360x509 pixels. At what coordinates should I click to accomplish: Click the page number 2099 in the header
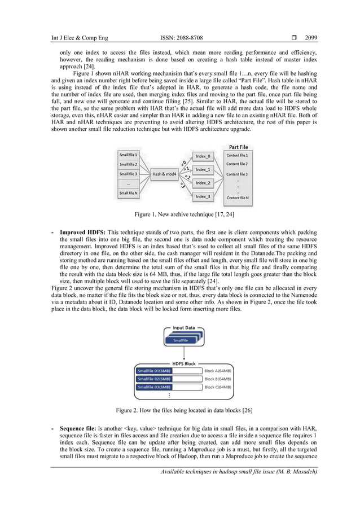coord(311,38)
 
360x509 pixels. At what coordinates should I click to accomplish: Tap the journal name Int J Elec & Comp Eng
coord(79,38)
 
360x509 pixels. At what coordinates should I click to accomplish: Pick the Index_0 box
coord(203,156)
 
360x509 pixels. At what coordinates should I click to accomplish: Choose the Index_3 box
coord(203,196)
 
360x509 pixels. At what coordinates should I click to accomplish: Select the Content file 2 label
coord(237,164)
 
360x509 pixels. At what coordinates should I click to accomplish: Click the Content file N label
coord(237,198)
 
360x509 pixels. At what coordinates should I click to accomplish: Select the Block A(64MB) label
coord(217,371)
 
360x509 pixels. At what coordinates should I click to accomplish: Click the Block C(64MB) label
coord(217,388)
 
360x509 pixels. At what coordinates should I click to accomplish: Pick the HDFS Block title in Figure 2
coord(183,363)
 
